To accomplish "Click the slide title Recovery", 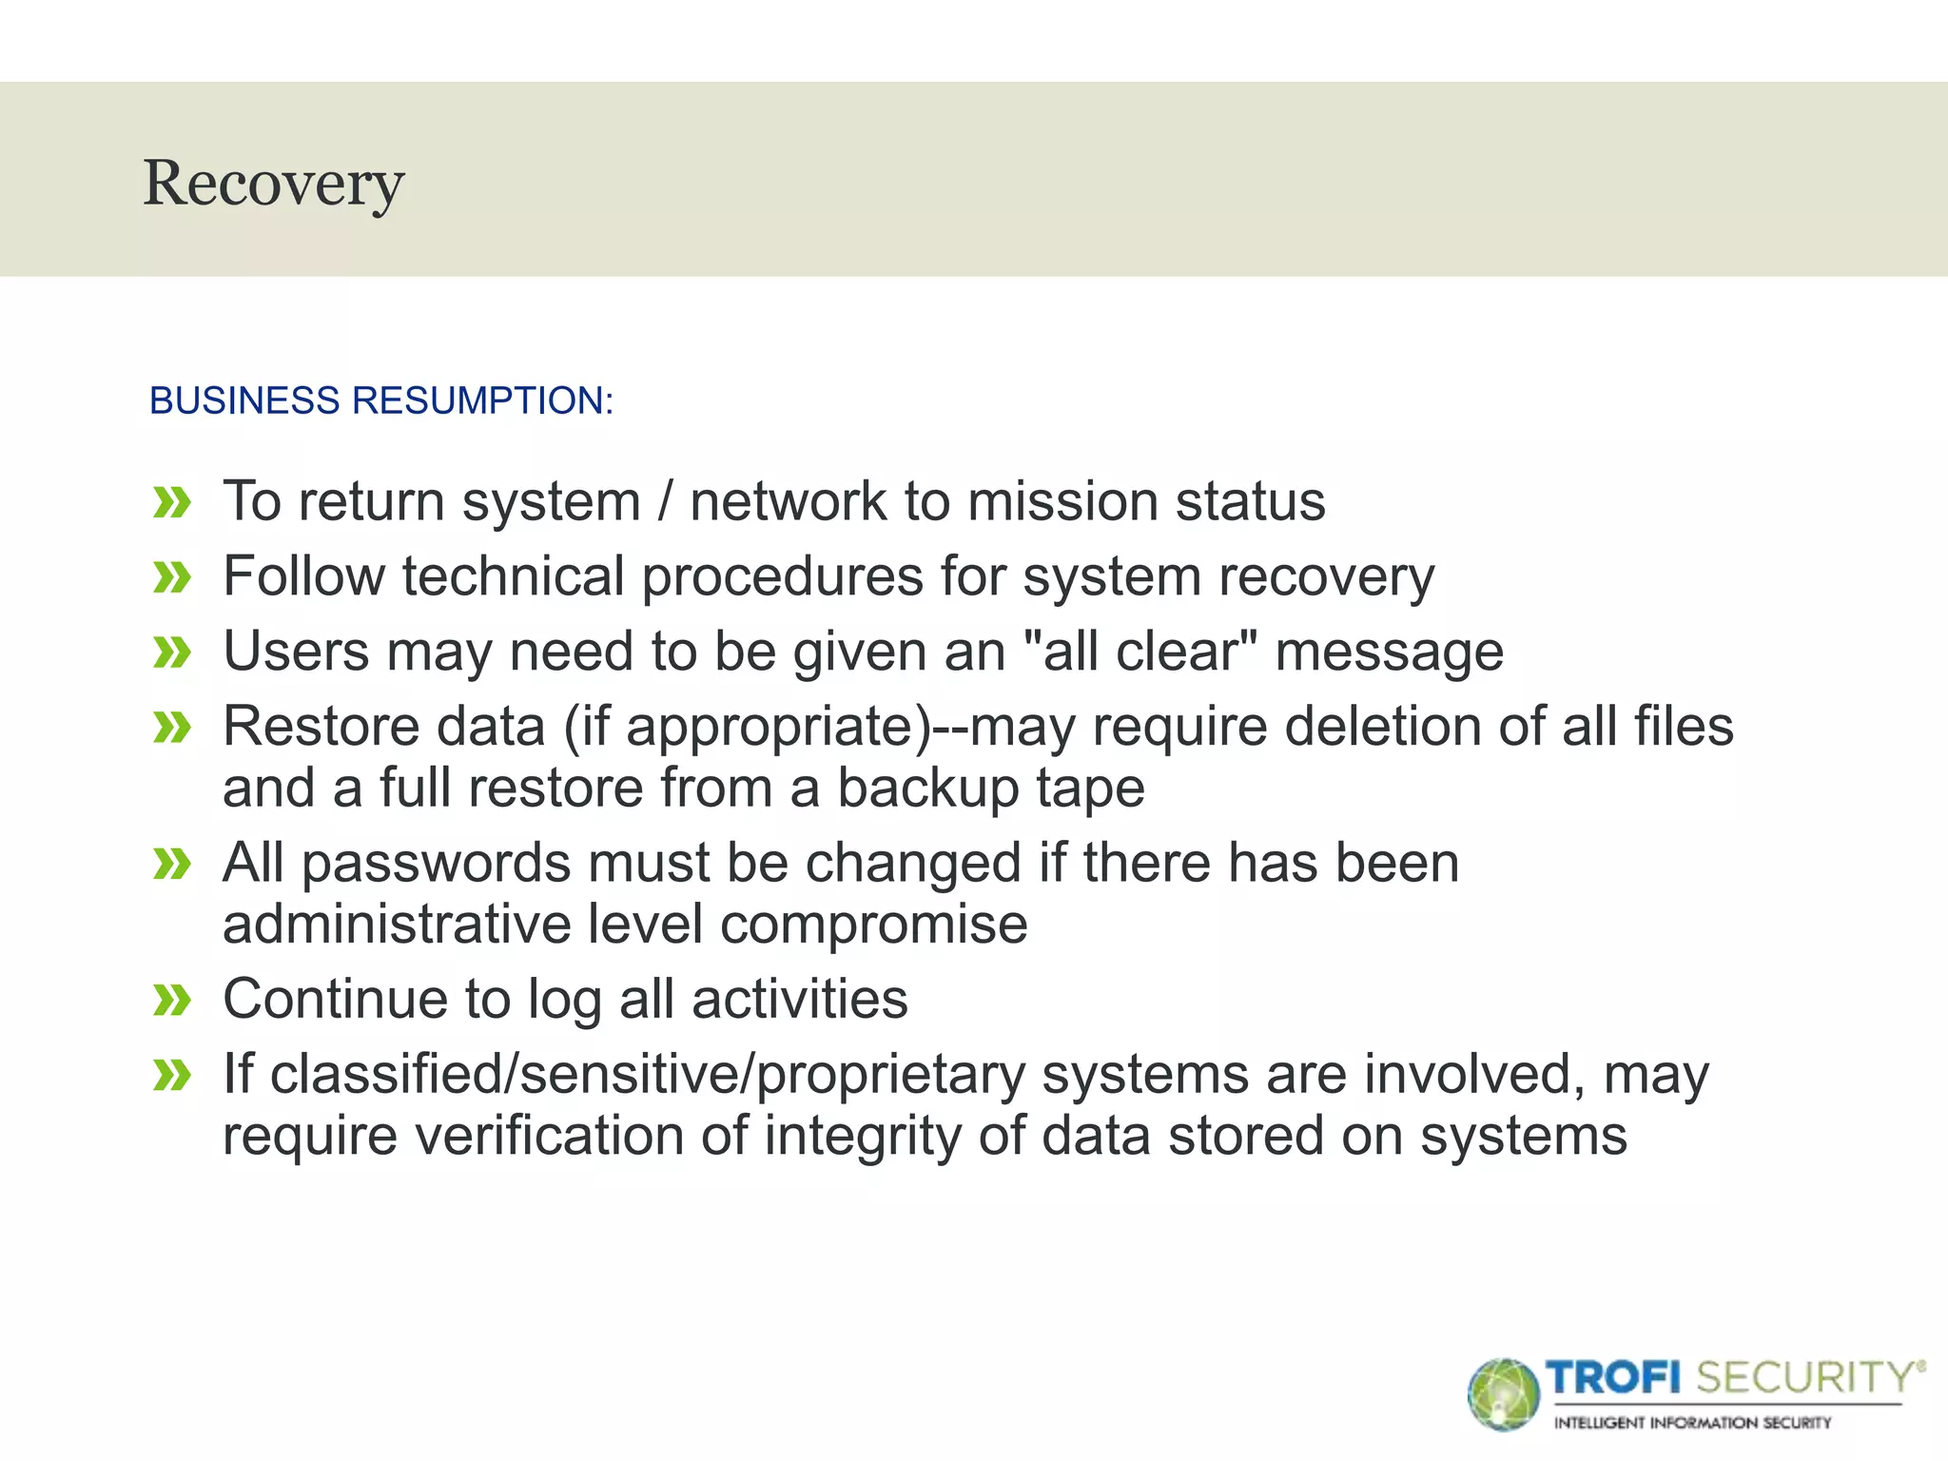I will point(274,184).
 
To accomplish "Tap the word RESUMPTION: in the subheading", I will point(483,400).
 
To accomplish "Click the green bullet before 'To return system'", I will point(172,502).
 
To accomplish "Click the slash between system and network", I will point(665,501).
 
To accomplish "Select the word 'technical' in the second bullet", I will point(512,576).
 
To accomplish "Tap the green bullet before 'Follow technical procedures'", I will point(172,577).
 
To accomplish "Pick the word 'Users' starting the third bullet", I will point(296,652).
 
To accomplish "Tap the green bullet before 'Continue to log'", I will point(172,1001).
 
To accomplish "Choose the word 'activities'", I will point(799,1000).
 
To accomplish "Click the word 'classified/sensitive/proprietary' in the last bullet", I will point(647,1075).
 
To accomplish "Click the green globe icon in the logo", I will point(1503,1394).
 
